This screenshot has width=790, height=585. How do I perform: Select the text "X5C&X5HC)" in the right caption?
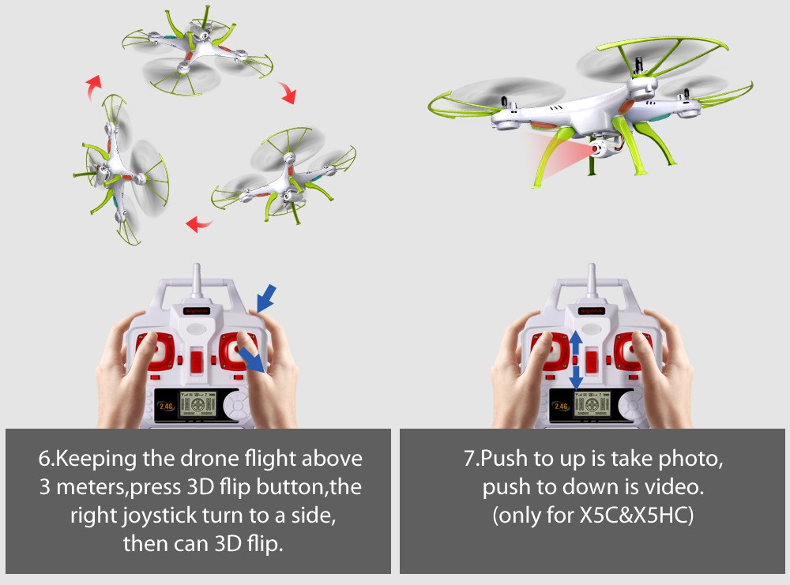pos(637,515)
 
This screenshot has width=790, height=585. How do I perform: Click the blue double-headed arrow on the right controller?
pos(576,360)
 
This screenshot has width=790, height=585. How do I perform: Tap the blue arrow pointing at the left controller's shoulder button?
pos(266,298)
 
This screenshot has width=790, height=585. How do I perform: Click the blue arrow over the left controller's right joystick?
pos(251,359)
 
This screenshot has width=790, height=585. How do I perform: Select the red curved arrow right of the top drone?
pos(288,92)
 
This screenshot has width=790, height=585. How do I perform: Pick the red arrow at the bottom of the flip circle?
pos(198,223)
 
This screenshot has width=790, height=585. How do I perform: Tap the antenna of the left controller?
pos(197,280)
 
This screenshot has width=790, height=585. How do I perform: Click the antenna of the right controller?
pos(592,280)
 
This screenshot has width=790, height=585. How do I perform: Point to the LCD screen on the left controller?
pos(198,405)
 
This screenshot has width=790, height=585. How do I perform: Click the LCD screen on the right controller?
pos(593,405)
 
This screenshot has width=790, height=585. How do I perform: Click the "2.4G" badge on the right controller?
pos(561,406)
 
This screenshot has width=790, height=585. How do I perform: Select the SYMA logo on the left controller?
pos(197,310)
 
